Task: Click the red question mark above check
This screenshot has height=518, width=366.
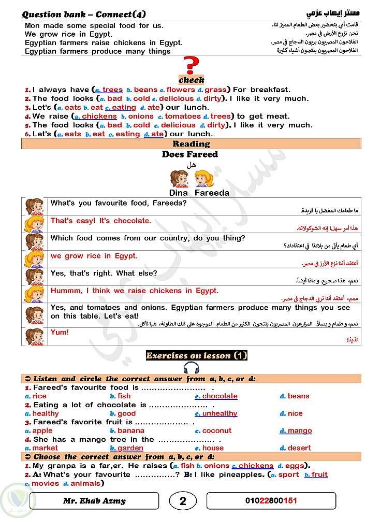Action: coord(191,66)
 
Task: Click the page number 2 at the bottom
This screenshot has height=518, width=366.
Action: coord(182,501)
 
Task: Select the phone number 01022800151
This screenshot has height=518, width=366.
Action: coord(271,501)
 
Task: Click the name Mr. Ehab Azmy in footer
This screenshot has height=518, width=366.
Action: coord(94,501)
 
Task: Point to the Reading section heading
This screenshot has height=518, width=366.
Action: coord(191,144)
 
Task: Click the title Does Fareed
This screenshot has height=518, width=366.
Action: coord(189,154)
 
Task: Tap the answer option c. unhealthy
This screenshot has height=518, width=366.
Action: coord(216,413)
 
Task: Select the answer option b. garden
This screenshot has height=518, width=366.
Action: coord(126,448)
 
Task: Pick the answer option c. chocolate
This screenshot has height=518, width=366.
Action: coord(216,396)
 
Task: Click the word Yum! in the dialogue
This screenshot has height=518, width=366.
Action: coord(60,332)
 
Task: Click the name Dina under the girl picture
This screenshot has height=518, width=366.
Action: coord(179,193)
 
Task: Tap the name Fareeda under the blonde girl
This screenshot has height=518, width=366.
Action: coord(212,193)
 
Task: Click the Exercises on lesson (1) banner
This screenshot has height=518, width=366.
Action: coord(197,355)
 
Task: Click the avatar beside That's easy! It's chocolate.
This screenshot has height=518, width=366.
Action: coord(35,224)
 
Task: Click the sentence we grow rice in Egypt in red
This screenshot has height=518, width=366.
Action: coord(94,256)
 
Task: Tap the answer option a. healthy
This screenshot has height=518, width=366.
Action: coord(42,413)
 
